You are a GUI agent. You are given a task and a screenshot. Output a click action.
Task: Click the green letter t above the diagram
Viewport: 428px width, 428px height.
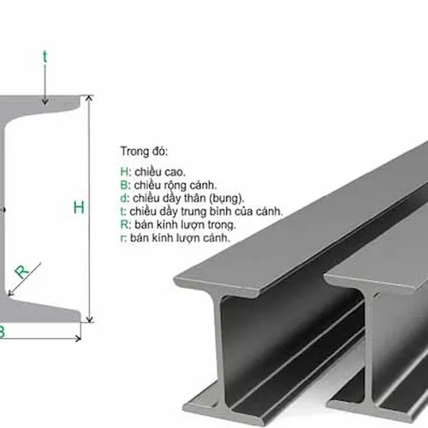45,56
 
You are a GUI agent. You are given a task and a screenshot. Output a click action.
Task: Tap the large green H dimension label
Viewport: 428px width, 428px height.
79,207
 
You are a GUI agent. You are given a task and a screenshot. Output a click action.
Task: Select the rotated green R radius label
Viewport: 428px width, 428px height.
22,271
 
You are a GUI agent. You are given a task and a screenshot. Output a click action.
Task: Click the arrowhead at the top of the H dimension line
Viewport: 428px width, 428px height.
89,98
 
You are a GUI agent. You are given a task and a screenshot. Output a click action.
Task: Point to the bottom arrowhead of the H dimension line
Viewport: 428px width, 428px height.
90,319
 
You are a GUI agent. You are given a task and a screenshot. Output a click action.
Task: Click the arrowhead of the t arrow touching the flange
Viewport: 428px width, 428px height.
45,102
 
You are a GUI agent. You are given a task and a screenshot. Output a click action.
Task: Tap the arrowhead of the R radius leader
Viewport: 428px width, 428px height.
11,293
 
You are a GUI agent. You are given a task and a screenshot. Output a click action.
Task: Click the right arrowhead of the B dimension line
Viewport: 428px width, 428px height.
78,339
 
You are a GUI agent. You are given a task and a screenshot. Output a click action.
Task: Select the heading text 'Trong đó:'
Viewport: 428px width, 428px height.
144,152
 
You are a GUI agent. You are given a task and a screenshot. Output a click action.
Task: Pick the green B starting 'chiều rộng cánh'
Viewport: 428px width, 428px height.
124,185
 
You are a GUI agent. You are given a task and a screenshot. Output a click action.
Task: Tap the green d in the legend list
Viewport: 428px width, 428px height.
124,198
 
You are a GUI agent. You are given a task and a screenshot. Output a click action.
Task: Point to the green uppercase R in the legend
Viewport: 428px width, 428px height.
125,224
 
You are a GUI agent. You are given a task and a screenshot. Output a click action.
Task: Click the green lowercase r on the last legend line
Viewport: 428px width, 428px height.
123,238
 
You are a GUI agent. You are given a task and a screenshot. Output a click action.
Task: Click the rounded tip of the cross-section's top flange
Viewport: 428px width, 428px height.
80,102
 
